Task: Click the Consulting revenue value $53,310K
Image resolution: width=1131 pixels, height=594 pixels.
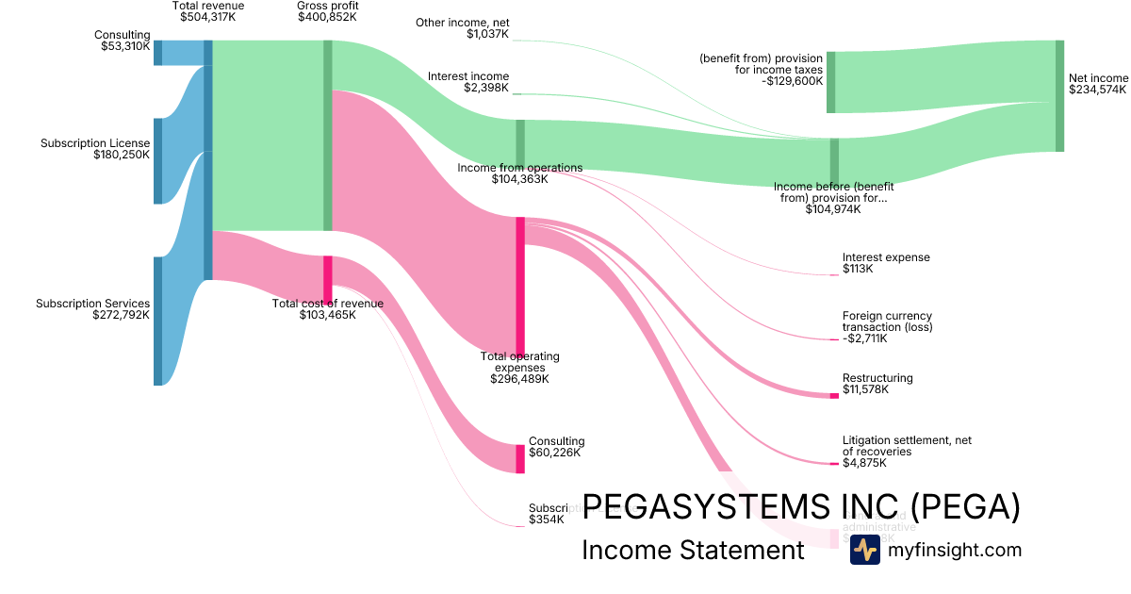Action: pos(125,46)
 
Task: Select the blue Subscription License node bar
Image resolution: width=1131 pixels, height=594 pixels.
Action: pos(158,160)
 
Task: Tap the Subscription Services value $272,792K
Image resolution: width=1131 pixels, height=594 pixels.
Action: pos(122,315)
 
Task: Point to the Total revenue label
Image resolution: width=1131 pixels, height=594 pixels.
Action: pos(208,6)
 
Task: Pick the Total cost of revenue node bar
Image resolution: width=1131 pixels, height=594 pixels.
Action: pos(328,277)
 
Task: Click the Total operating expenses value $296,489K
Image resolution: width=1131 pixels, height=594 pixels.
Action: pos(519,379)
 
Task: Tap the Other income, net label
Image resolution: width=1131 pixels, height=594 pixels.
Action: pos(463,22)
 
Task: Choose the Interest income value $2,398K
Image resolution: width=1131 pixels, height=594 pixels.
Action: pos(486,88)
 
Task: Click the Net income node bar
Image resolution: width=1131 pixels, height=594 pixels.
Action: pos(1059,95)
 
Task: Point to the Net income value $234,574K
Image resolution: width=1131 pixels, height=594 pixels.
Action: pos(1098,90)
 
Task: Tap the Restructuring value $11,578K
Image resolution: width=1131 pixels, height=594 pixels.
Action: pos(865,389)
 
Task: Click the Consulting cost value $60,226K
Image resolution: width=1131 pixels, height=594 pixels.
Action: pos(554,453)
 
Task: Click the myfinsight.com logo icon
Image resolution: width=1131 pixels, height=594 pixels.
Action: pos(864,550)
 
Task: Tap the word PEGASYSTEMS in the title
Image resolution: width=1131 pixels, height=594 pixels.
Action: pos(693,507)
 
